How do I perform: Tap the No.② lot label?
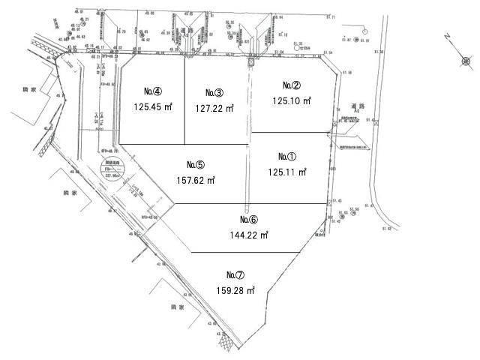292,85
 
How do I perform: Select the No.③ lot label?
214,92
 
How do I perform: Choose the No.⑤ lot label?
195,165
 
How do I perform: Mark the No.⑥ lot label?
249,220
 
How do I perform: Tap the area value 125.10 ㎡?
292,101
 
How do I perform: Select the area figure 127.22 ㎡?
214,108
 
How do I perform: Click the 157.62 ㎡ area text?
196,180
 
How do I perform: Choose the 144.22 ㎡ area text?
249,235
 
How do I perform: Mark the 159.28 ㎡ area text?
235,289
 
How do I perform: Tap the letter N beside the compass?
447,36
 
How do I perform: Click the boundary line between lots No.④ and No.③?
184,105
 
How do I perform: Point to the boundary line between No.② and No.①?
289,133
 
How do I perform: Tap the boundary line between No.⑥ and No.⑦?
247,252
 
